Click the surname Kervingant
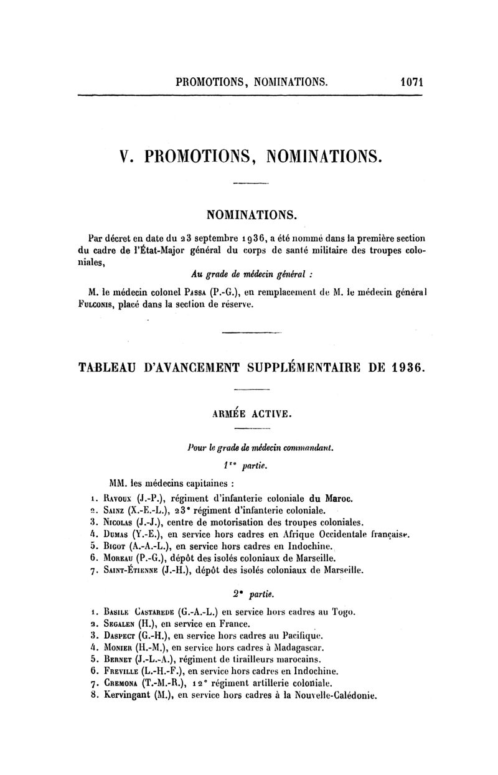132,696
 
